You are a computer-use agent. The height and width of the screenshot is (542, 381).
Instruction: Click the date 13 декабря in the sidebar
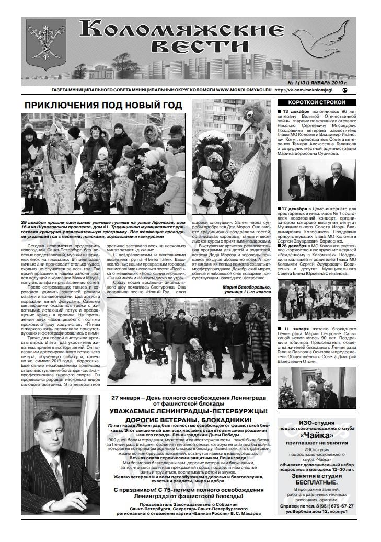(296, 112)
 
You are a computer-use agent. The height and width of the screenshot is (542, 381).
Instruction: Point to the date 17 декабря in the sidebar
(296, 209)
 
